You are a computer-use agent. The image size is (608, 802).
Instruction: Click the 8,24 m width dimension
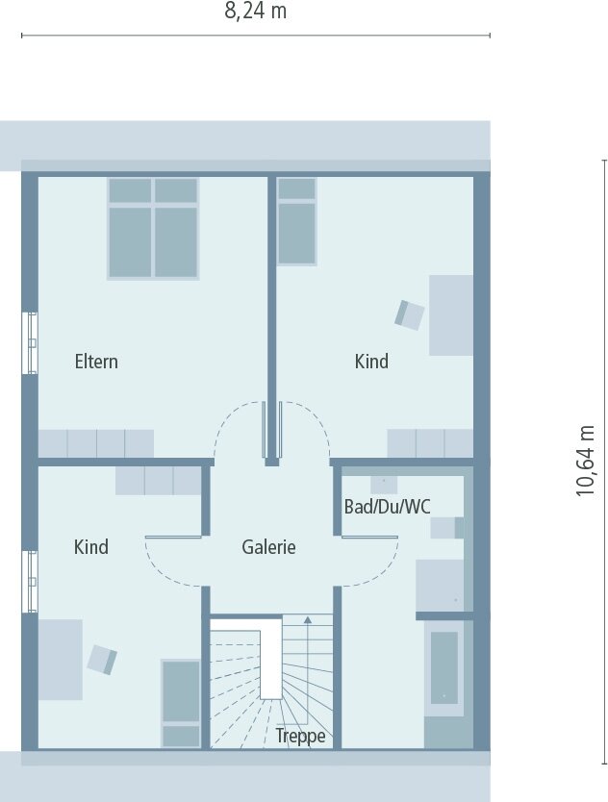[256, 12]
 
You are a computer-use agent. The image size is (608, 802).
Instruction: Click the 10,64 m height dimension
[586, 461]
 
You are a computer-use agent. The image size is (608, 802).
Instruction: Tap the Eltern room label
[96, 362]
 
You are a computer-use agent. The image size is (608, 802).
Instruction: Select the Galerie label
[268, 547]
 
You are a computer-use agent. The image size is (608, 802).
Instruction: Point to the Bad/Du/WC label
[388, 507]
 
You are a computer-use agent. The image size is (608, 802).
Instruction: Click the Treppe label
[300, 737]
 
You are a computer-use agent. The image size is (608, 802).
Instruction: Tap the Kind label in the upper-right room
[371, 362]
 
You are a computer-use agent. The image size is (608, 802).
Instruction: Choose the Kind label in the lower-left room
[91, 547]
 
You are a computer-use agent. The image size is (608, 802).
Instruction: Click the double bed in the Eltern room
[153, 228]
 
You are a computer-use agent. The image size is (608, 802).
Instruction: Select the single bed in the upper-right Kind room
[296, 220]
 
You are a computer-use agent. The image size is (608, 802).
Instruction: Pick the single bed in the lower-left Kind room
[181, 703]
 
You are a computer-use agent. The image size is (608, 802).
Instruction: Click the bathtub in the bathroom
[443, 666]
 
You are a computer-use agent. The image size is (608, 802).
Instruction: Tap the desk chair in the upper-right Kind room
[409, 314]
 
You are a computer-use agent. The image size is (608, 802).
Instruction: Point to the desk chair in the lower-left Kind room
[102, 660]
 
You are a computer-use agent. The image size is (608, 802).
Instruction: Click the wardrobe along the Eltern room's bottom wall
[96, 443]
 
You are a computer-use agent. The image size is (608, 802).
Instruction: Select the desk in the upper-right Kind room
[450, 314]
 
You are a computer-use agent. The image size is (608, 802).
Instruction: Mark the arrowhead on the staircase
[308, 620]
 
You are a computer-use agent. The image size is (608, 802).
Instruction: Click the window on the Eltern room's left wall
[32, 343]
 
